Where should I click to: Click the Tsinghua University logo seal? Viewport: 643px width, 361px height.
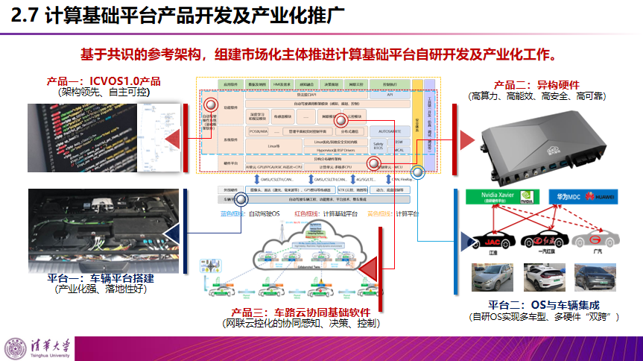coord(16,348)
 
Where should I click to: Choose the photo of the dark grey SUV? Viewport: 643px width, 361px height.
coord(594,277)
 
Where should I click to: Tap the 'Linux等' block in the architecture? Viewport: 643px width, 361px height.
coord(273,145)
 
